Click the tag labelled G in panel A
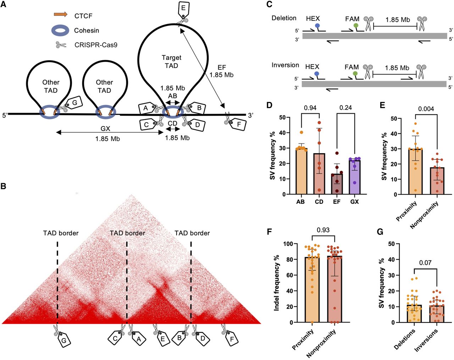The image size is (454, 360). (x=74, y=103)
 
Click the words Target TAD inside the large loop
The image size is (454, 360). (x=171, y=62)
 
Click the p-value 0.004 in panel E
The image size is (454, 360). (x=426, y=109)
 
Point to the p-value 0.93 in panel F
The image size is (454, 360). (x=323, y=230)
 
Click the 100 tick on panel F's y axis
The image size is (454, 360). (x=288, y=244)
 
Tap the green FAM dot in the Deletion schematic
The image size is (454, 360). (x=356, y=26)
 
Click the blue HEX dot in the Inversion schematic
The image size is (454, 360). (x=317, y=74)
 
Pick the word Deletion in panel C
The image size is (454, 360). (x=284, y=18)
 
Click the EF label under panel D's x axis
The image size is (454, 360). (x=337, y=202)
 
